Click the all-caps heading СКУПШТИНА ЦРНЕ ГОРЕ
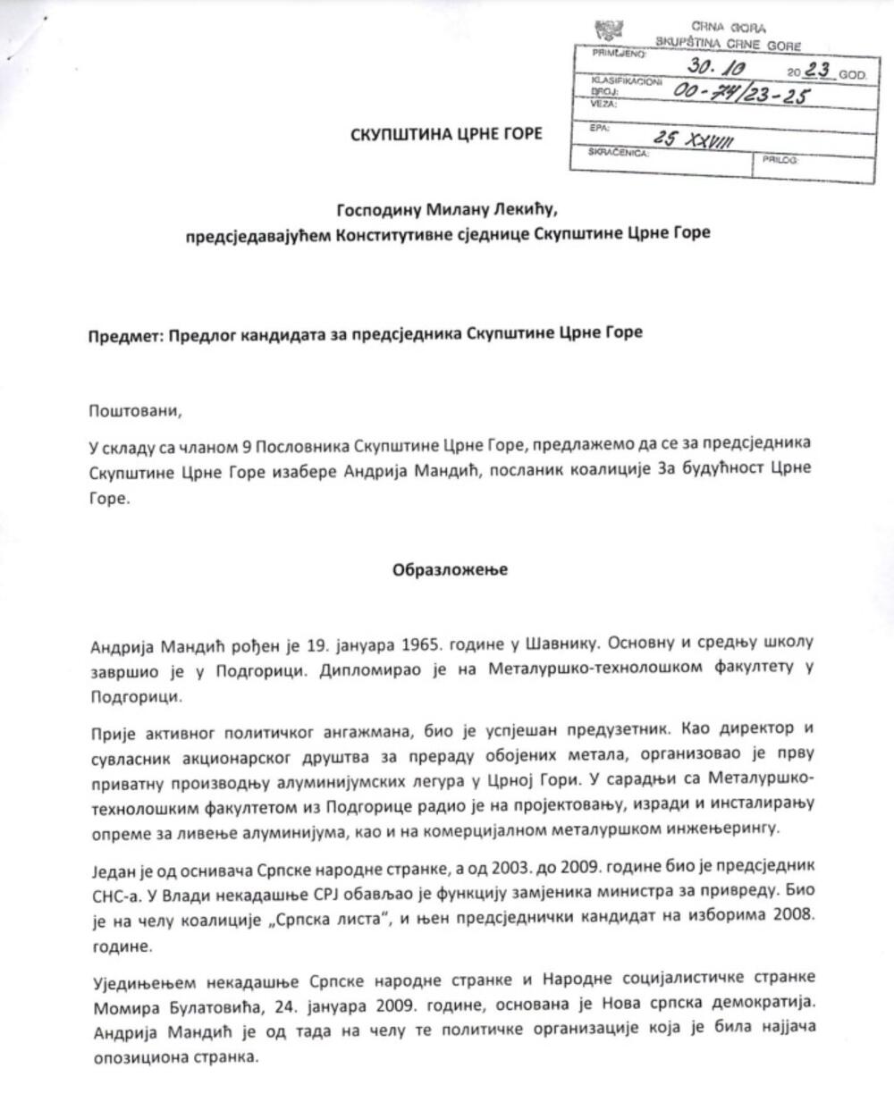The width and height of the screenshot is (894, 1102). coord(446,135)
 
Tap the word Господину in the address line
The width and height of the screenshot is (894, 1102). coord(375,211)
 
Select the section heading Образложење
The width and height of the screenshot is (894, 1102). coord(450,569)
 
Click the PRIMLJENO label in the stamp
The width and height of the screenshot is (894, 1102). coord(611,55)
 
